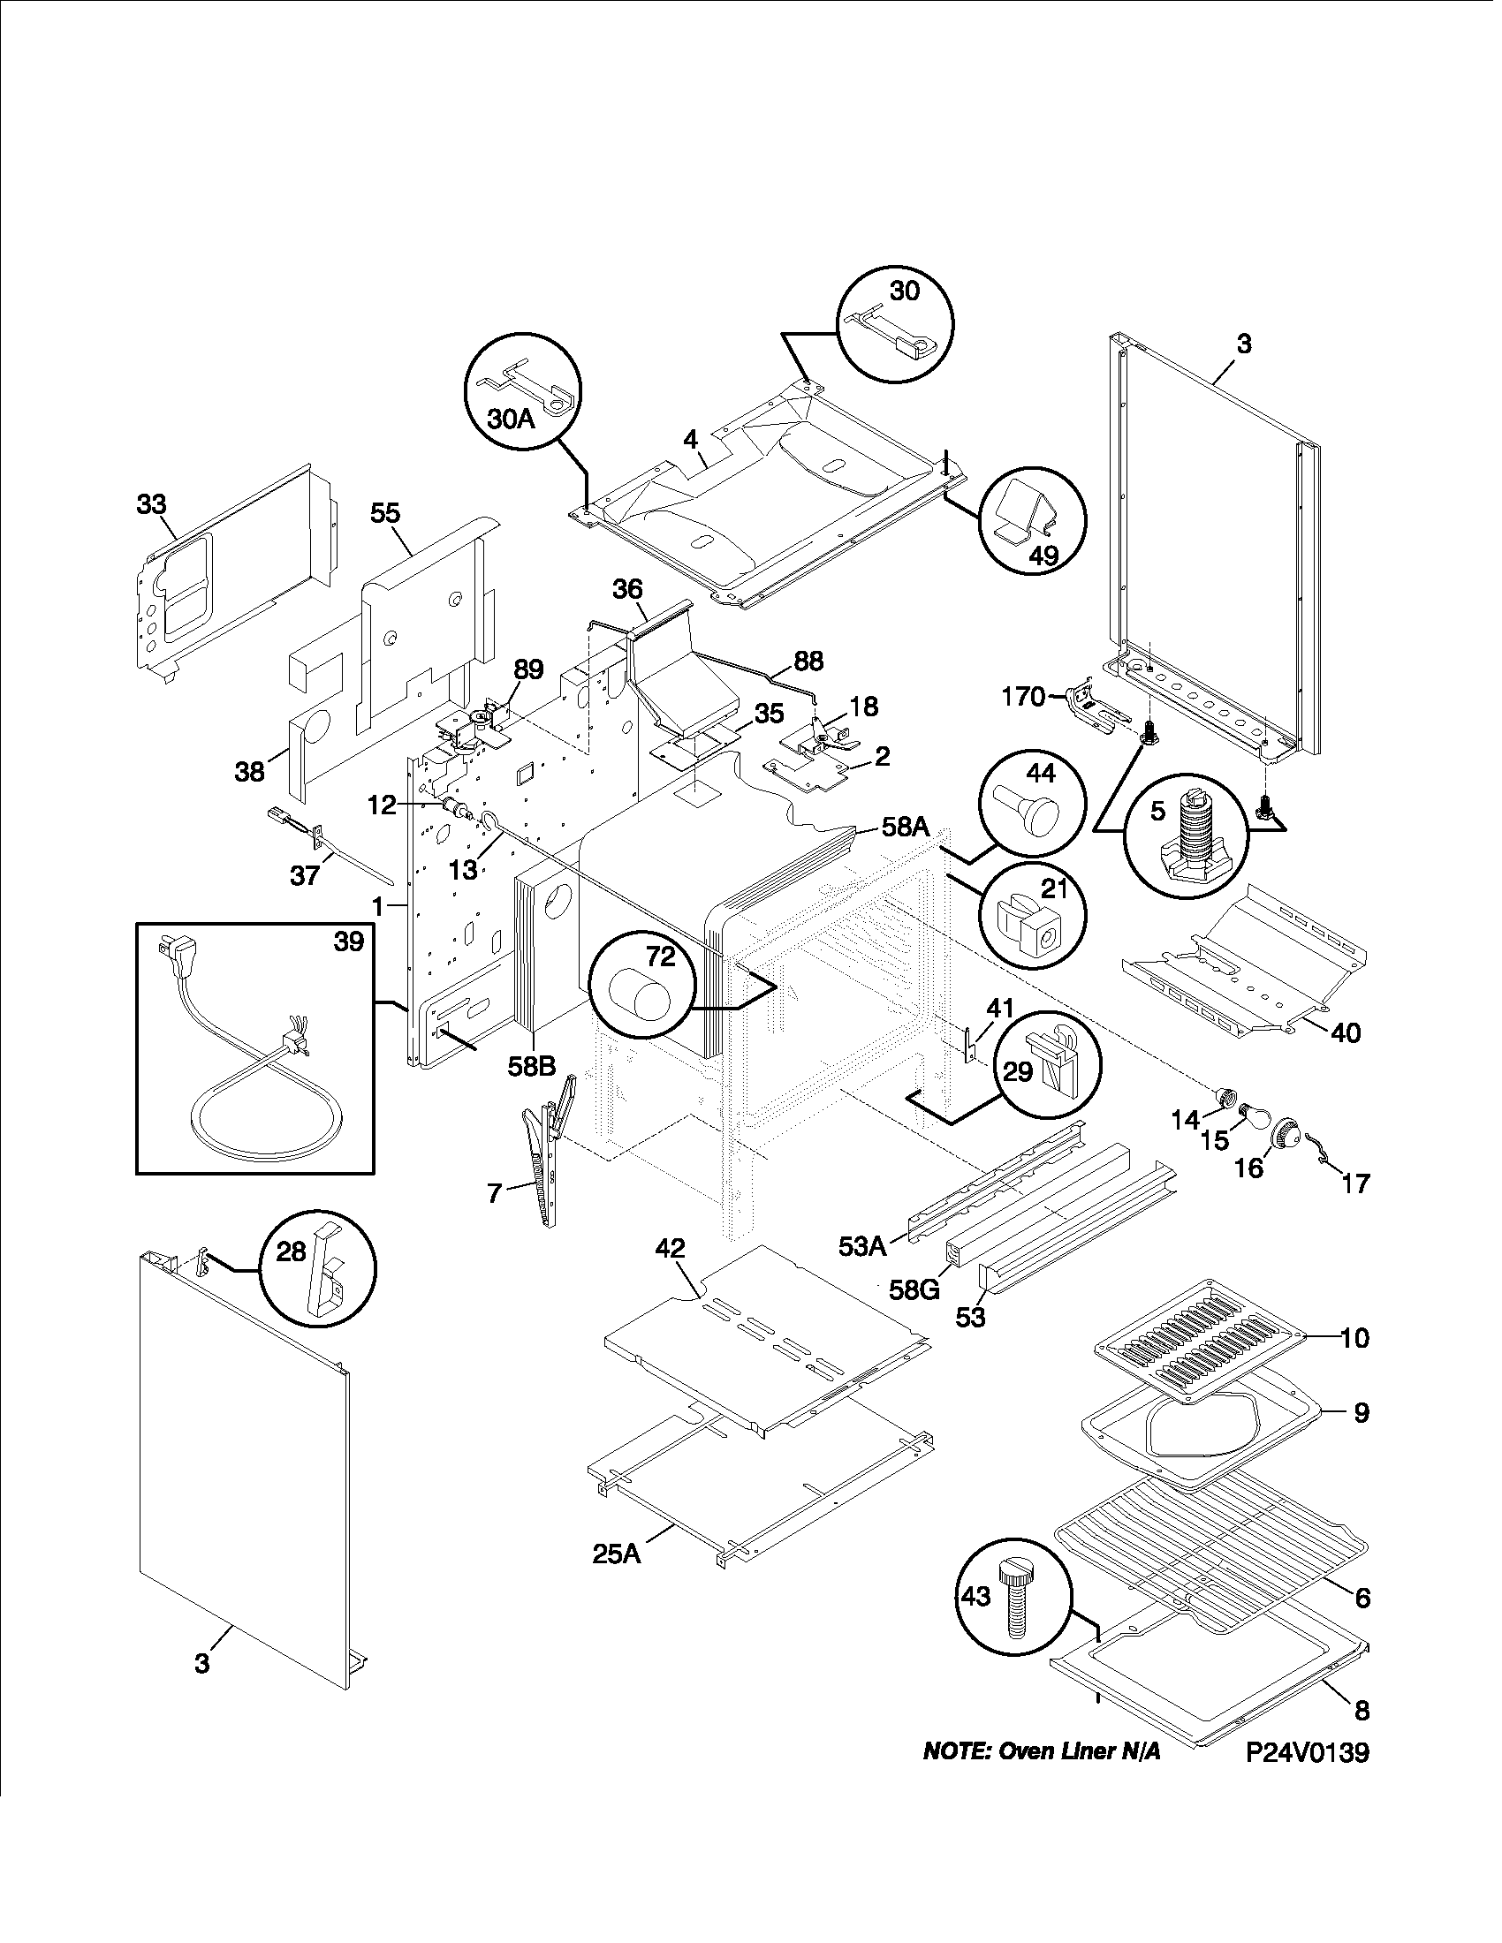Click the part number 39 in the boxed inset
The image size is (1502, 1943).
[348, 941]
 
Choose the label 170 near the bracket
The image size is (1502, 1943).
[1023, 696]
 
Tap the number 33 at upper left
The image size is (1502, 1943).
[151, 504]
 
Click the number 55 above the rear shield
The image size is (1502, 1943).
[385, 513]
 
